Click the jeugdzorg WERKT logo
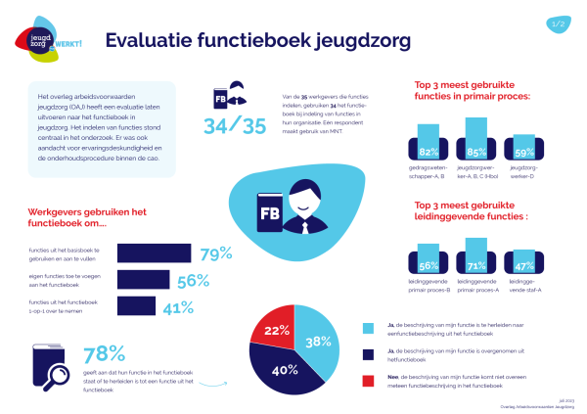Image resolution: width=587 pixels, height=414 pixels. coord(42,40)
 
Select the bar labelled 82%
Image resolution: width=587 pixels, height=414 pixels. coord(429,142)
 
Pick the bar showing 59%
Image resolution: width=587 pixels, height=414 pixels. coord(524,148)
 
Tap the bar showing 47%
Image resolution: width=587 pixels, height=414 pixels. coord(524,264)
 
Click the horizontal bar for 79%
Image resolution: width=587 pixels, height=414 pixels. coord(154,254)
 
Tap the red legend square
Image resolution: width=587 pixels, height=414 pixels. coord(368,381)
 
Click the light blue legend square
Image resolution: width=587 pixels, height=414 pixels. coord(368,328)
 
